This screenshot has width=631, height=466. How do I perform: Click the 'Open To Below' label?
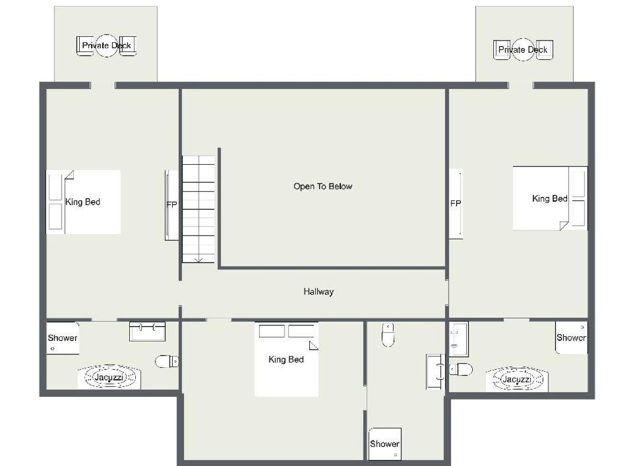tap(322, 187)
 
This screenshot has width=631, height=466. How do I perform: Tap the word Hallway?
tap(318, 291)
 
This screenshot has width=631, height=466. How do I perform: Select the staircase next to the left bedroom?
tap(198, 209)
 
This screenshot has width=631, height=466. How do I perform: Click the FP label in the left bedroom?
tap(171, 204)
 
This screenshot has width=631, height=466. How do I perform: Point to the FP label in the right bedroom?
tap(456, 204)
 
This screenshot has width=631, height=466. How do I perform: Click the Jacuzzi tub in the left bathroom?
tap(109, 377)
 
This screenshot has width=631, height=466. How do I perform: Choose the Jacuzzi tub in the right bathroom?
tap(517, 379)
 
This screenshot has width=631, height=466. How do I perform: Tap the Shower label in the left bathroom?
tap(63, 337)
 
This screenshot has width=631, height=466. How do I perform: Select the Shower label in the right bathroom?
tap(571, 337)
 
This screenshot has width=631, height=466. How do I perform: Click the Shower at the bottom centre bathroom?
tap(384, 444)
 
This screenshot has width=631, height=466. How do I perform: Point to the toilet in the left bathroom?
tap(167, 361)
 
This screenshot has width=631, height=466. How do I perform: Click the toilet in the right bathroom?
tap(461, 369)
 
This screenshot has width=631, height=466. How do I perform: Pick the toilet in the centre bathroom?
tap(388, 334)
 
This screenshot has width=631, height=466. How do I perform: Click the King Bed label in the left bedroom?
tap(82, 202)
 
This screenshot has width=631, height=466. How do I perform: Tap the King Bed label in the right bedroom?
tap(550, 199)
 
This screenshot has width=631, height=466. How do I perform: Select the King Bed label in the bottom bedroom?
tap(286, 359)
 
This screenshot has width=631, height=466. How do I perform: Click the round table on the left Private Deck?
tap(107, 45)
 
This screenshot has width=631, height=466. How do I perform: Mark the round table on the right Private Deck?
tap(523, 50)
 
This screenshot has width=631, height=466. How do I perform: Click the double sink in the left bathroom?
tap(147, 331)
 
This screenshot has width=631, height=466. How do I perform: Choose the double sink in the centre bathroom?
tap(436, 372)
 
